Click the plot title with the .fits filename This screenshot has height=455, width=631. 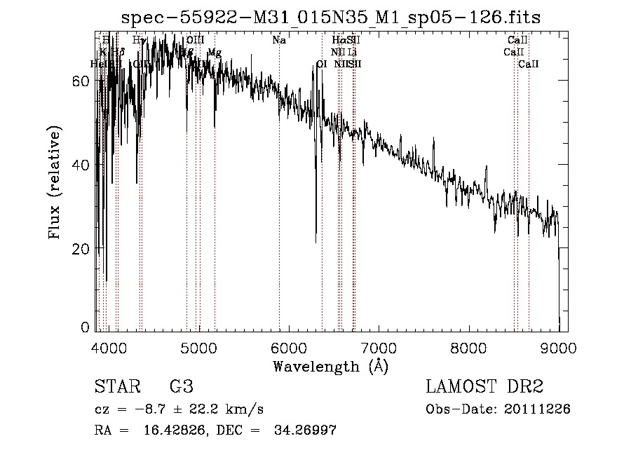(331, 17)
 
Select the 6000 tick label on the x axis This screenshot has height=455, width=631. (290, 348)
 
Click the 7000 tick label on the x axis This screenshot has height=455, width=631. (379, 348)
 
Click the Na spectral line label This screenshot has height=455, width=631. (279, 40)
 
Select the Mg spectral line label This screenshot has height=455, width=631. (215, 53)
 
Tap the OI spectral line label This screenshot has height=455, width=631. (322, 64)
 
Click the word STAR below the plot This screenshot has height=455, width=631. (115, 387)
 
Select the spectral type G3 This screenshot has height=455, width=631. (182, 387)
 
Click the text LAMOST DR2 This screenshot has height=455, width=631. (484, 387)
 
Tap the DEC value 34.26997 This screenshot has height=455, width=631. (304, 430)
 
